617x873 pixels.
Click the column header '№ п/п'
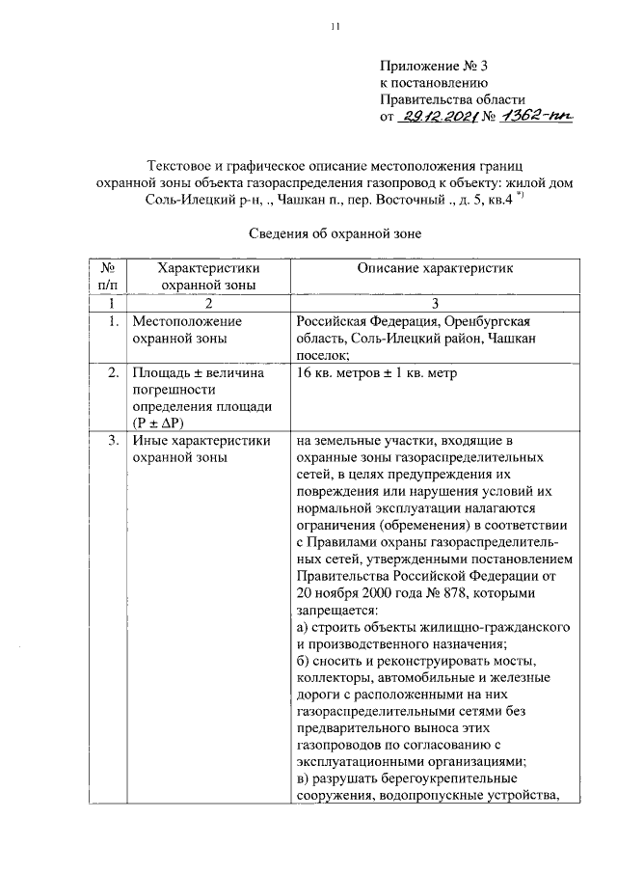[109, 276]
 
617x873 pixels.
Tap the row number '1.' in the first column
[114, 321]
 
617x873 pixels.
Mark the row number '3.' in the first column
[114, 442]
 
